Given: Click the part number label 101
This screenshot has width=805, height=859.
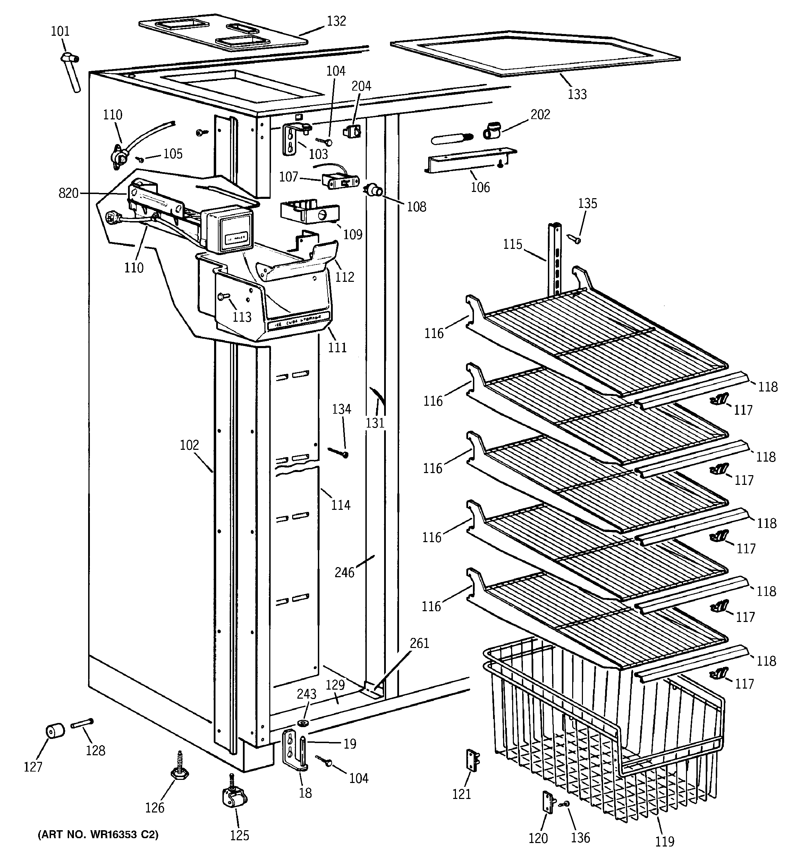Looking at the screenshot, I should [60, 31].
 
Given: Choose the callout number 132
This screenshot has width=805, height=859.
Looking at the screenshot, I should [336, 21].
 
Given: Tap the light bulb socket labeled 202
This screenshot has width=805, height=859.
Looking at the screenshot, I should [492, 130].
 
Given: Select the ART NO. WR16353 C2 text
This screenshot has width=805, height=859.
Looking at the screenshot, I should [98, 834].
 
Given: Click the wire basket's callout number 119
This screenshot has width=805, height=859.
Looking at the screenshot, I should [664, 841].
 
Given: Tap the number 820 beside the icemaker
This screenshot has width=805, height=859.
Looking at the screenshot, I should [69, 193].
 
